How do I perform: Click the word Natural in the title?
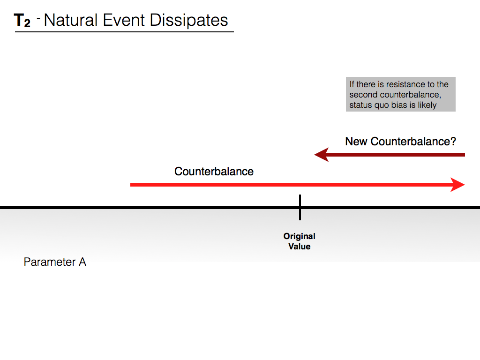[x=71, y=20]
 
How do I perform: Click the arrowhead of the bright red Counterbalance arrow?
[x=457, y=185]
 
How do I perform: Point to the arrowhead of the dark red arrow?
[x=322, y=154]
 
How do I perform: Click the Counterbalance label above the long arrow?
[x=214, y=172]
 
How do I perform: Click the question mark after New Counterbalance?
[x=453, y=142]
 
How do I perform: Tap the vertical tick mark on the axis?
[x=300, y=207]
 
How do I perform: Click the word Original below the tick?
[x=300, y=236]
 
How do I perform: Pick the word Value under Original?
[x=300, y=247]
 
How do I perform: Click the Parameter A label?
[x=55, y=262]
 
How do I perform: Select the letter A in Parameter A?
[x=82, y=262]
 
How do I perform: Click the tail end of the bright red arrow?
[x=133, y=185]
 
